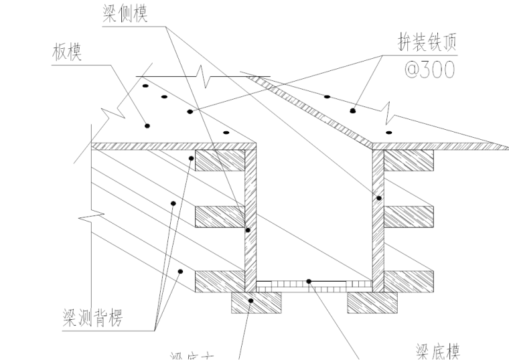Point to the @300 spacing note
coord(424,68)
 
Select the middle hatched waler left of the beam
coord(219,216)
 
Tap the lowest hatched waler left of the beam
coord(219,281)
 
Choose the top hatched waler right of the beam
coord(409,160)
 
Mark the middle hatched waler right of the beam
coord(409,216)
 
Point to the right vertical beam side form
coord(377,221)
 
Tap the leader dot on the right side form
coord(378,198)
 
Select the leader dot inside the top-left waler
coord(192,159)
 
